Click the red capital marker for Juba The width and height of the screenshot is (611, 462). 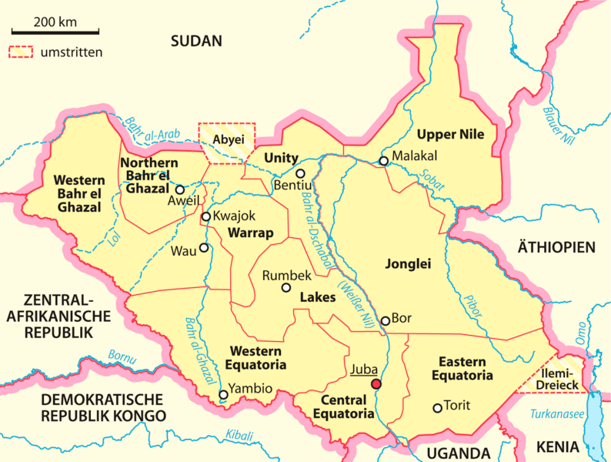(376, 384)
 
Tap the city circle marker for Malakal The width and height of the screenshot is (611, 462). (383, 161)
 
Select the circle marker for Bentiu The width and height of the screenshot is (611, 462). (301, 174)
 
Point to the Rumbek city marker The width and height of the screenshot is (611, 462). (286, 288)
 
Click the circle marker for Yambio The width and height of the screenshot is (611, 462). (223, 395)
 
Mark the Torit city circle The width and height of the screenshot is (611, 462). (438, 407)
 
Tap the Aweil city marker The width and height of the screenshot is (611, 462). (180, 189)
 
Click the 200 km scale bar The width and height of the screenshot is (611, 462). (55, 33)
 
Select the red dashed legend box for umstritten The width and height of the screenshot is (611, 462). (22, 52)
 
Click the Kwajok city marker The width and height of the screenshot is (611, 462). (206, 217)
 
